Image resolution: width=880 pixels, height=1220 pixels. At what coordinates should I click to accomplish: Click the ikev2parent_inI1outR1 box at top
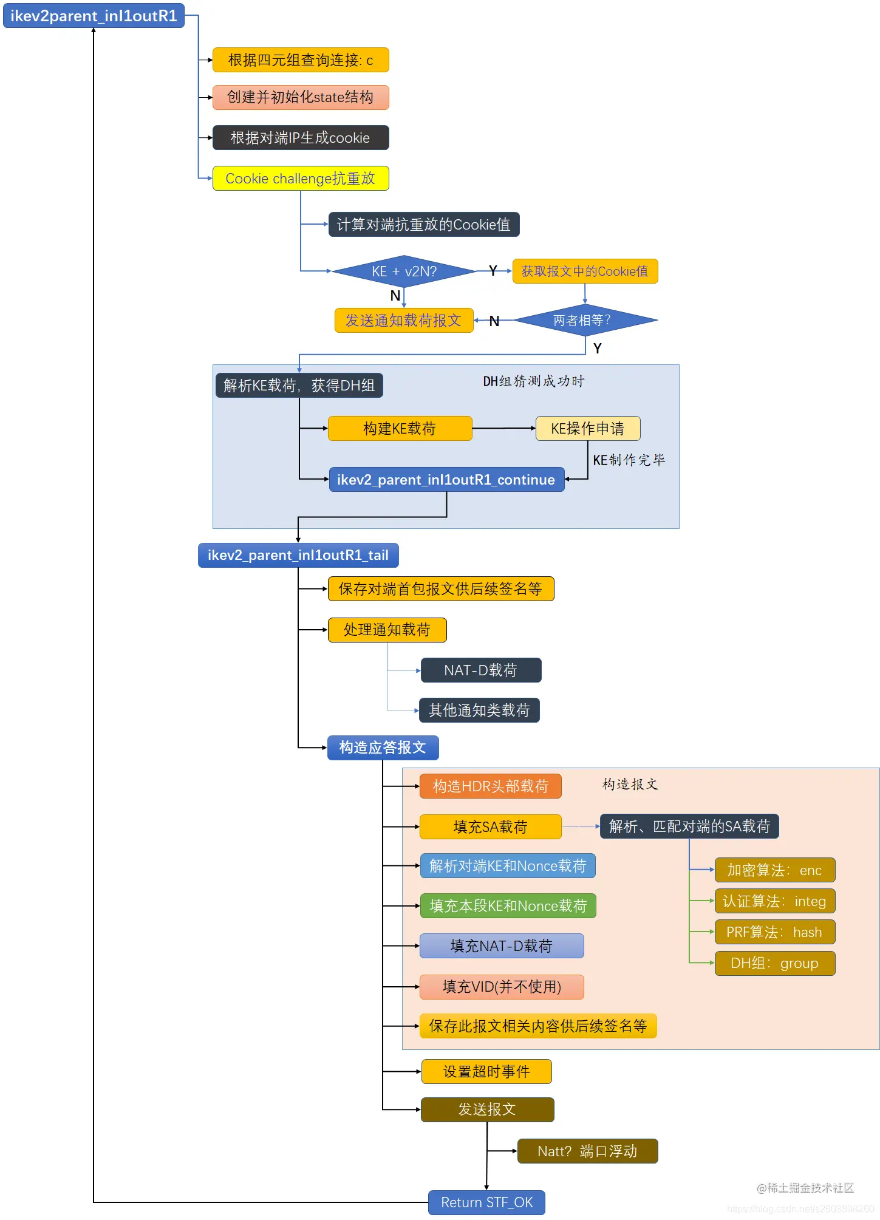pos(94,16)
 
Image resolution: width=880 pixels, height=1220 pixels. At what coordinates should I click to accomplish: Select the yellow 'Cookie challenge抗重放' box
pos(300,179)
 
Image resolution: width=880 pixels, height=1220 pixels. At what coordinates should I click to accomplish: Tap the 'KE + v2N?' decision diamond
pos(404,271)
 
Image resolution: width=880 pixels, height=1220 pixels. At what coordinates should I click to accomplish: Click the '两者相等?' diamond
pos(584,320)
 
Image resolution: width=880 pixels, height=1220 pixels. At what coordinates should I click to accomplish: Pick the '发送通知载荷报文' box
pos(403,321)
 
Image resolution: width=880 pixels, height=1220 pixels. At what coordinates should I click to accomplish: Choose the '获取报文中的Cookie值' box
pos(584,271)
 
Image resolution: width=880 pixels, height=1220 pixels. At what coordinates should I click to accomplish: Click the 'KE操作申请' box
pos(587,429)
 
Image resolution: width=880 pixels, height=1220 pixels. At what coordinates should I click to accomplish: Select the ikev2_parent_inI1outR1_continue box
pos(446,480)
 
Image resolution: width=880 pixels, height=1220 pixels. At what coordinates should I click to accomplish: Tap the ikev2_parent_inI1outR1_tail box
pos(298,555)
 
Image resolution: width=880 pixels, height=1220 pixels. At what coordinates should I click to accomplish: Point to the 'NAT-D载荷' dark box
pos(480,670)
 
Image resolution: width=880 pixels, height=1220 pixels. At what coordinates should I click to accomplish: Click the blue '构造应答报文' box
pos(383,748)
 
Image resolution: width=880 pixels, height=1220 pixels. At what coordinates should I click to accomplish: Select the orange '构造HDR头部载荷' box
pos(490,786)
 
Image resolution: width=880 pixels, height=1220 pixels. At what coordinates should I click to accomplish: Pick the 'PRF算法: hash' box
pos(774,932)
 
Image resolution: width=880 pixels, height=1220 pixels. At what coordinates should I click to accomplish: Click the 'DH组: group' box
pos(774,963)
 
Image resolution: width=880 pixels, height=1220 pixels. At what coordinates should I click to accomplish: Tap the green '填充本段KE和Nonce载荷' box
pos(508,906)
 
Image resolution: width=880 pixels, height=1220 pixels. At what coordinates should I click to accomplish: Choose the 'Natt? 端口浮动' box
pos(587,1151)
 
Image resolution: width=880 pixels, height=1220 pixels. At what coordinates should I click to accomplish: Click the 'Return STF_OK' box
pos(486,1202)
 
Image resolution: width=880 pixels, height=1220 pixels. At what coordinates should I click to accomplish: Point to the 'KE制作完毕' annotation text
pos(629,460)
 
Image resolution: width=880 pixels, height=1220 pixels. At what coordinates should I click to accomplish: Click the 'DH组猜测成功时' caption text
pos(533,381)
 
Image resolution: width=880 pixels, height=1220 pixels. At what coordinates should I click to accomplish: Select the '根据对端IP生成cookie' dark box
pos(300,138)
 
